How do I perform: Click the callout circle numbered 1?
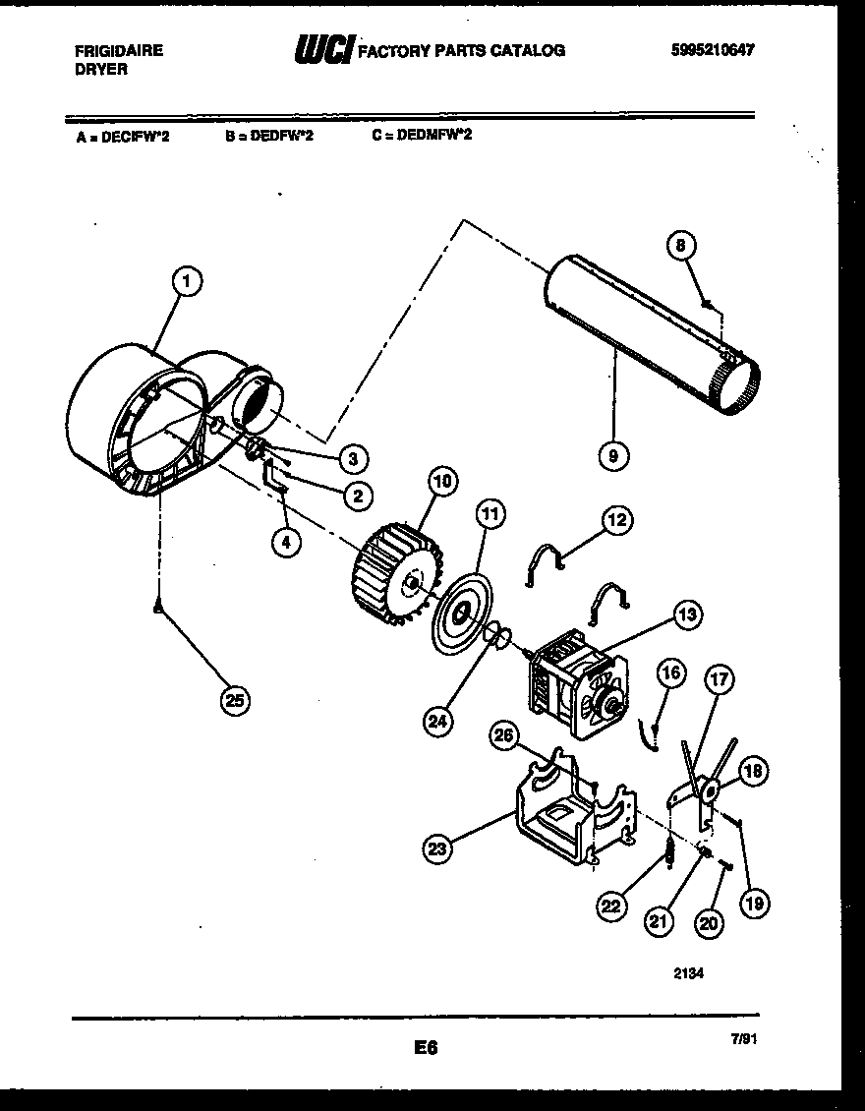[186, 281]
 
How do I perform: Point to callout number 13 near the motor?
[687, 614]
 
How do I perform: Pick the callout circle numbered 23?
[437, 848]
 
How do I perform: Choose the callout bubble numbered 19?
[755, 903]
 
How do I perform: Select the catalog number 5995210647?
[713, 51]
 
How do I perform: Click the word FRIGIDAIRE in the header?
[118, 51]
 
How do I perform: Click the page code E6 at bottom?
[426, 1049]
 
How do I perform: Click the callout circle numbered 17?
[720, 678]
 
